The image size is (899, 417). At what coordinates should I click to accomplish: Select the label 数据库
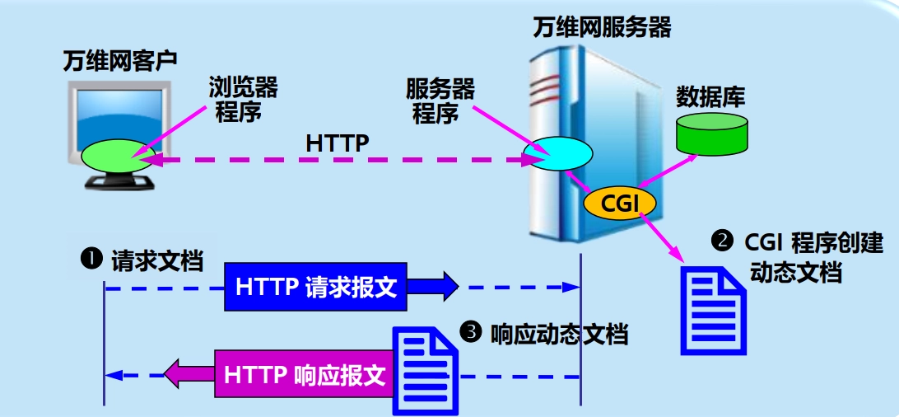710,97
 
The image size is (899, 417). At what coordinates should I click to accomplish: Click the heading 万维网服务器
601,28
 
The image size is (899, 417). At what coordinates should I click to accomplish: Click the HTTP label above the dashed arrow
337,143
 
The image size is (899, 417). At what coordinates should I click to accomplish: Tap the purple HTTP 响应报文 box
304,375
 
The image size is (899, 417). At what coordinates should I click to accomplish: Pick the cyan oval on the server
560,152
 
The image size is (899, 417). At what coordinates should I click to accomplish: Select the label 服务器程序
440,101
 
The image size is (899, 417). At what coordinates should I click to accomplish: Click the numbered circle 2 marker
722,241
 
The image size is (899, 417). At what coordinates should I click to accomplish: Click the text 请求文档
156,260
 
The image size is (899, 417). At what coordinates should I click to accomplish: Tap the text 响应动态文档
558,334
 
